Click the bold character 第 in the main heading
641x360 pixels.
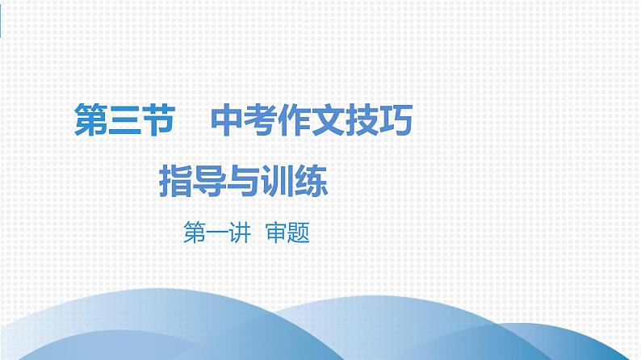pos(90,123)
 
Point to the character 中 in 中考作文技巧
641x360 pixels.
pos(228,123)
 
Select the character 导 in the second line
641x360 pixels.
pos(211,181)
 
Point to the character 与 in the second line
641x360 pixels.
pos(245,181)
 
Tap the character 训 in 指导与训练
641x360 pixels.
pos(279,181)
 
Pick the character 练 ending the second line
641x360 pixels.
pos(312,181)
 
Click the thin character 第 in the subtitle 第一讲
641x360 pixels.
pos(195,234)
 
